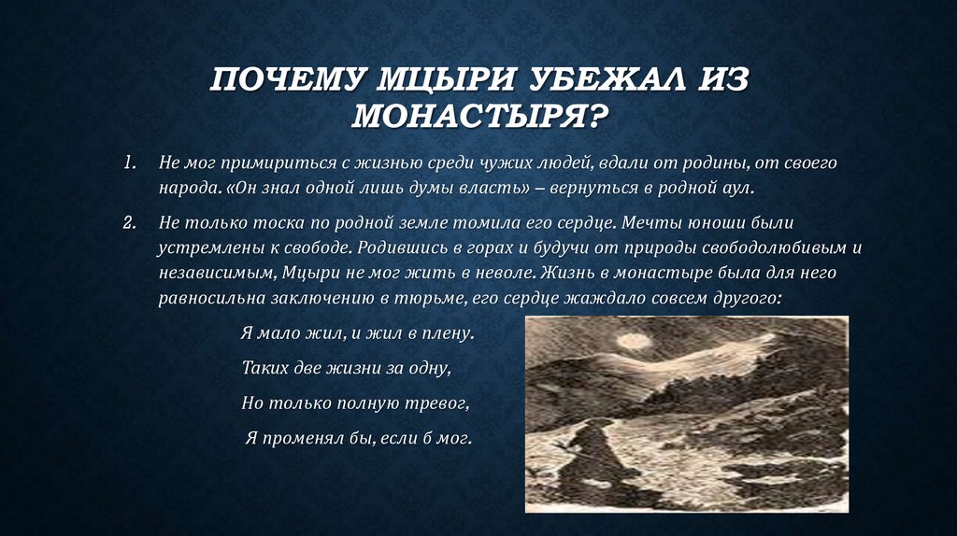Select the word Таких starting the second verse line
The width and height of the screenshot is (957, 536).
264,368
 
